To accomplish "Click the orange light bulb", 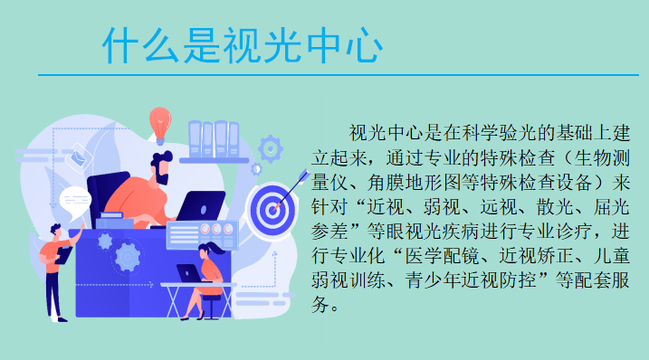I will tap(162, 122).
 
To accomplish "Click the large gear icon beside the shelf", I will tap(271, 147).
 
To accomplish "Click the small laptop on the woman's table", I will tap(188, 272).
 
